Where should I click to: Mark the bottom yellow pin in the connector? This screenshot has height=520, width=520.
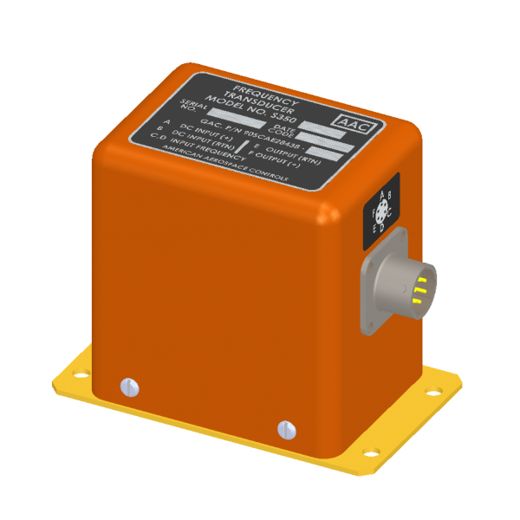coord(418,301)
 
